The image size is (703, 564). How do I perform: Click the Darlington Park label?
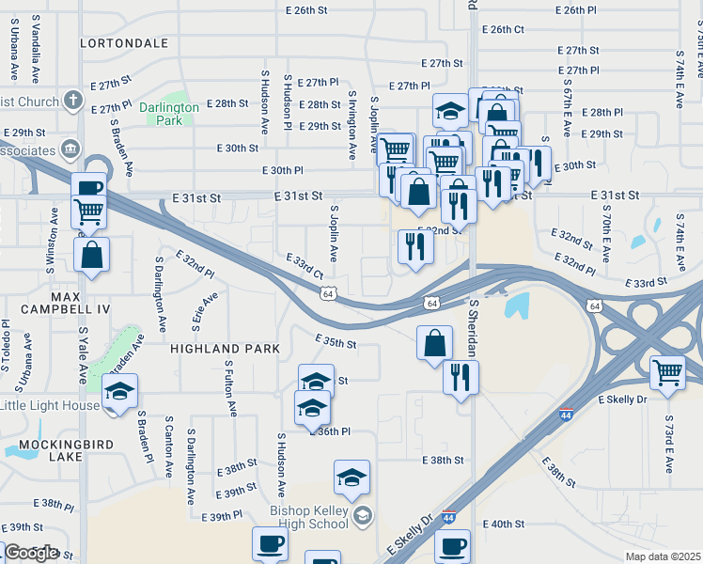point(169,113)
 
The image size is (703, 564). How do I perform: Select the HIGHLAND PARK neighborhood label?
point(226,348)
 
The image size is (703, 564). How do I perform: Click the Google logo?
point(31,553)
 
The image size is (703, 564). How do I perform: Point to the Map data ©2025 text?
point(663,556)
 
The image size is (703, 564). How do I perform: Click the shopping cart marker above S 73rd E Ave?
point(667,371)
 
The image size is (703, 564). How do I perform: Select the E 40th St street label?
point(503,524)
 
